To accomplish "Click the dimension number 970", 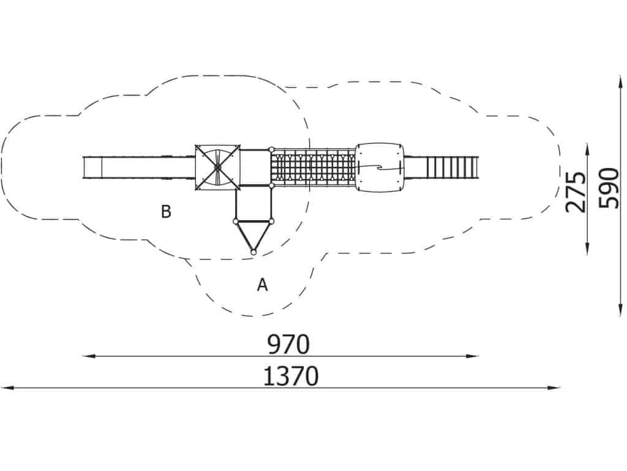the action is (288, 345).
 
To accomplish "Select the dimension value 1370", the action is (291, 377).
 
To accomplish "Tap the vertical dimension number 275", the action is (576, 192).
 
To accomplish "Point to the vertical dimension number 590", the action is (609, 188).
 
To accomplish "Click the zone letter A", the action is (262, 285).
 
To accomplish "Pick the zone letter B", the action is (166, 212).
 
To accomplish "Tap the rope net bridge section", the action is (313, 167).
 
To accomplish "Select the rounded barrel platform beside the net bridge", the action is (380, 167).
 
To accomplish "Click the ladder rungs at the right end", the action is (452, 167).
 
